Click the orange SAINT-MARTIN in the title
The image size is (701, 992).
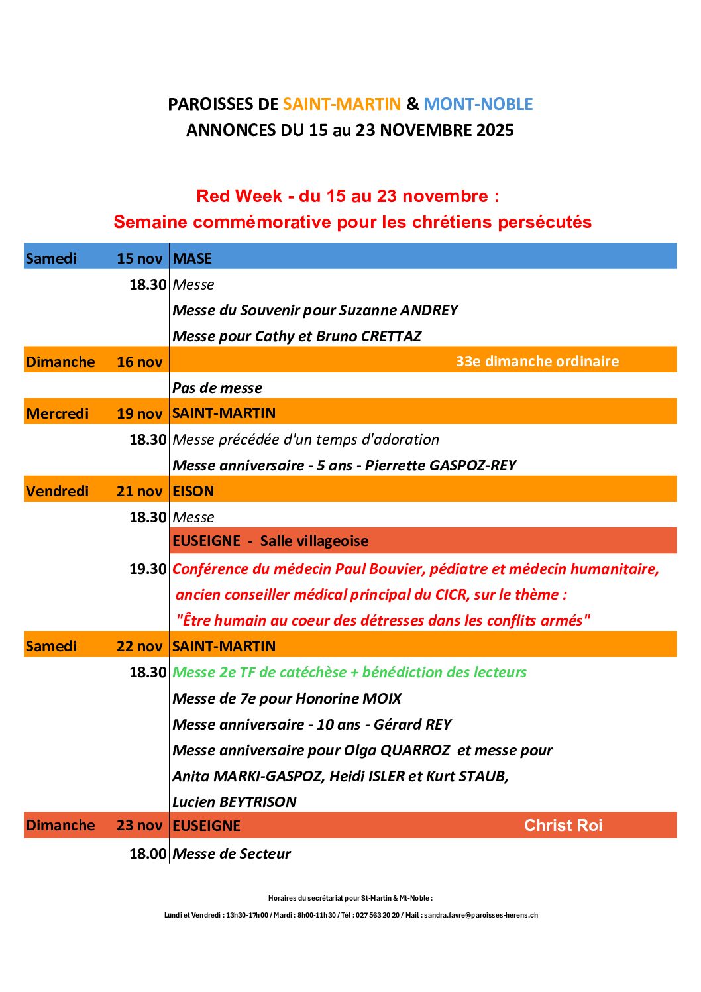click(x=342, y=104)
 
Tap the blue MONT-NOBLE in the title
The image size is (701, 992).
click(x=478, y=104)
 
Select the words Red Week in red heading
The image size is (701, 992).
click(x=239, y=196)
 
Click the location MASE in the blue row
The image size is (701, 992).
click(x=192, y=258)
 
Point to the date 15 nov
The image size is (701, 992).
click(x=139, y=258)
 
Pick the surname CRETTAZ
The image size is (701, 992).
click(x=391, y=336)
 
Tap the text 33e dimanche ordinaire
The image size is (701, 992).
click(x=537, y=361)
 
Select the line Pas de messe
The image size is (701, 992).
click(x=217, y=388)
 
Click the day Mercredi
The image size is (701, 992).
click(x=58, y=413)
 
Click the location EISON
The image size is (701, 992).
click(x=193, y=491)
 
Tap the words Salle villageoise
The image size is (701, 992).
click(x=314, y=541)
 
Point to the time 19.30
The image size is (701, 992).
click(x=148, y=569)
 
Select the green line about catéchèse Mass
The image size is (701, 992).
click(x=349, y=672)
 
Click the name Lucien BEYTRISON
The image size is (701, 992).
click(x=234, y=802)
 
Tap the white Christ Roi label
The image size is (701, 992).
click(x=563, y=825)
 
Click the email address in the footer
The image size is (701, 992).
click(x=481, y=915)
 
